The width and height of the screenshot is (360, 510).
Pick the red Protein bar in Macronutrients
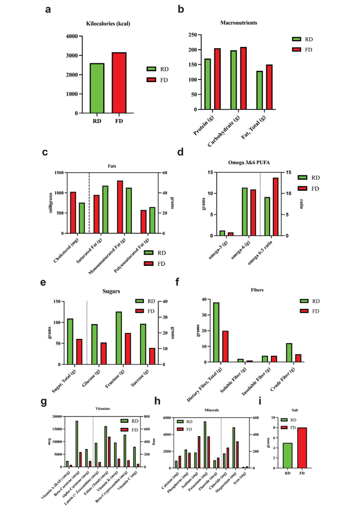pos(217,79)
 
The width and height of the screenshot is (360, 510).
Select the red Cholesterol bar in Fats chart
pos(73,212)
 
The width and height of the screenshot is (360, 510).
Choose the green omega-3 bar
pos(222,233)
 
